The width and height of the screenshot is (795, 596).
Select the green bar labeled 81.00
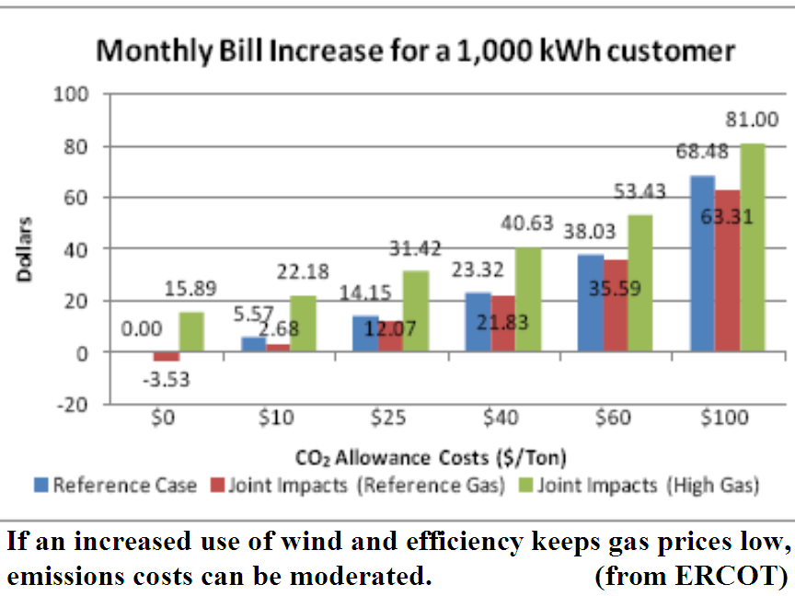coord(753,247)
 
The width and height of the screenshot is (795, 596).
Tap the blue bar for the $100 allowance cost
coord(703,264)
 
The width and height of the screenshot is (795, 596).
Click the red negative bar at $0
coord(167,356)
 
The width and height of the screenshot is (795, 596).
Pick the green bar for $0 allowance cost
coord(191,331)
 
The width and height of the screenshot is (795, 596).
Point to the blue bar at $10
coord(254,344)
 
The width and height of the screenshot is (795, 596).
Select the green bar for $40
coord(528,299)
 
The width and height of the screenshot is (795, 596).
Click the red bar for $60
coord(616,305)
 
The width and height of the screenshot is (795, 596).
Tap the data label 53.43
coord(639,191)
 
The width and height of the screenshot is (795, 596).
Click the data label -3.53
coord(167,380)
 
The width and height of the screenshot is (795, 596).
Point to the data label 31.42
coord(415,249)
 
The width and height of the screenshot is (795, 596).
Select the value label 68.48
coord(702,151)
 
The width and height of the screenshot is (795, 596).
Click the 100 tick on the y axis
coord(71,94)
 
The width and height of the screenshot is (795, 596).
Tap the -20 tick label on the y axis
coord(73,405)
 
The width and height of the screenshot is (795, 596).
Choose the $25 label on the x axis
coord(388,418)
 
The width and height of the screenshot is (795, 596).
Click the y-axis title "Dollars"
coord(24,249)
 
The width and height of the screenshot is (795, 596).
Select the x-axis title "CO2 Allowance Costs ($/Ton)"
coord(431,458)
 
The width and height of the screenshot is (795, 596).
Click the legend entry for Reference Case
coord(116,486)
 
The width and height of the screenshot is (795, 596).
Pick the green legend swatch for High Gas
coord(526,485)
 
